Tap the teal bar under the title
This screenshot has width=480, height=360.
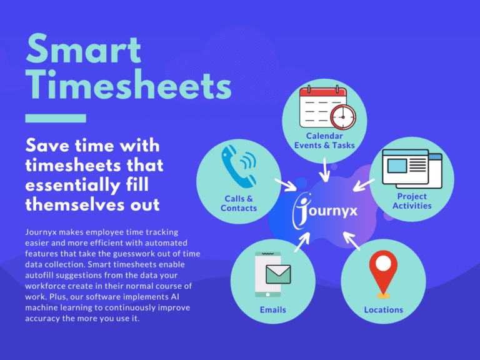55,117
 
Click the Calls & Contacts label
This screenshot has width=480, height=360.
239,203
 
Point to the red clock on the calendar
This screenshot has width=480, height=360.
342,116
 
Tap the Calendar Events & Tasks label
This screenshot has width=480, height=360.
324,141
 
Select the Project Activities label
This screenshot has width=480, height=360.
412,201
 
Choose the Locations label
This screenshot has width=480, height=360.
384,309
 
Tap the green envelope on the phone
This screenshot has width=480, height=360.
276,274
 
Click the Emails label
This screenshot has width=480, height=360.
272,309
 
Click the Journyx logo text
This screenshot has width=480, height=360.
325,211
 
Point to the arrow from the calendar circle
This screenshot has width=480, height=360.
324,169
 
